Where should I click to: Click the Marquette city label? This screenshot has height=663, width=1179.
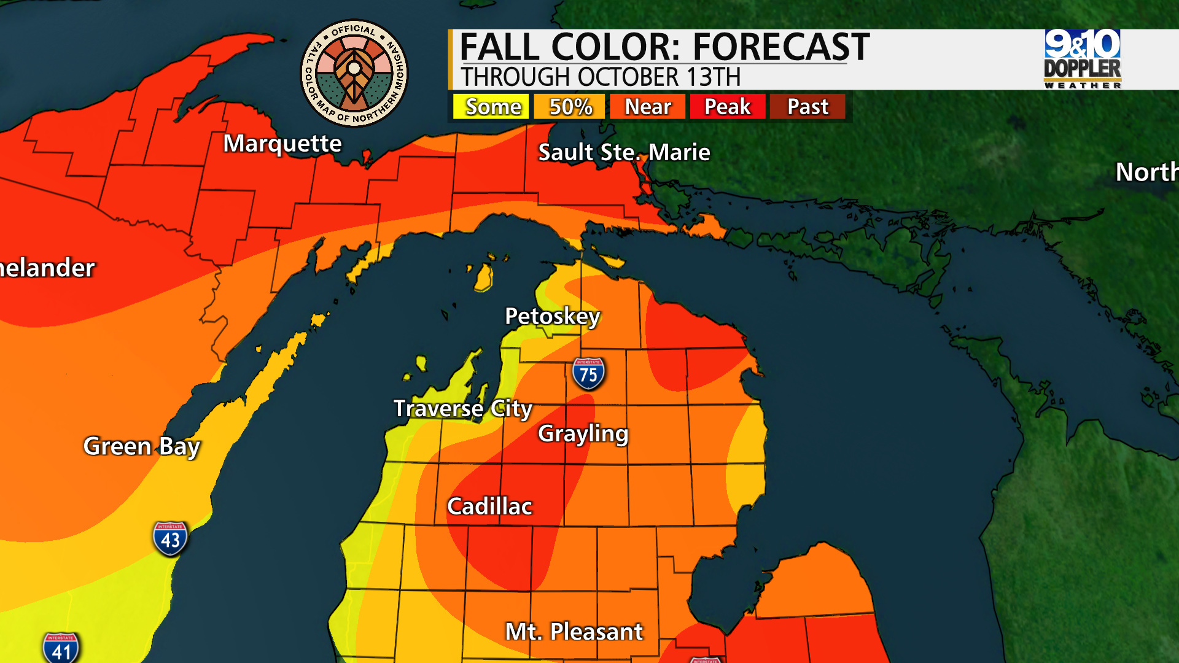tap(282, 144)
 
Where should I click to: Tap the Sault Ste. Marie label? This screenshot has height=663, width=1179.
tap(623, 152)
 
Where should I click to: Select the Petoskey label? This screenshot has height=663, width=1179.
tap(552, 317)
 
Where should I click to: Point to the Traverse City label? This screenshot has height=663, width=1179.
tap(462, 409)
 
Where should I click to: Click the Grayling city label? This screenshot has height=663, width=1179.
tap(583, 434)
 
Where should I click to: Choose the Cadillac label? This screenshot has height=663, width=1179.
tap(489, 507)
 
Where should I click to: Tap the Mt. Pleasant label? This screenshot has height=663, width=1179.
tap(574, 632)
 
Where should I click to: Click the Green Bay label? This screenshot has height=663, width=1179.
tap(141, 446)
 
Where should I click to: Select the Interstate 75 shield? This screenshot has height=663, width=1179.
tap(588, 373)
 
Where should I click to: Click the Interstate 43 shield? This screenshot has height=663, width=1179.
tap(170, 538)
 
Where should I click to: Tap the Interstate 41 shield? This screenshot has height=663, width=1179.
tap(61, 648)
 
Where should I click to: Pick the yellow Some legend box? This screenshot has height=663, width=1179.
tap(491, 107)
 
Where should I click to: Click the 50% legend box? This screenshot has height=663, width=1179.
tap(570, 107)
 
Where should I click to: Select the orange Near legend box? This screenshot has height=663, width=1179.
tap(647, 107)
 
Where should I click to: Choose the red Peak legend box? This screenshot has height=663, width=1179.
tap(727, 107)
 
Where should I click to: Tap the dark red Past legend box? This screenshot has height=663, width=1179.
tap(807, 107)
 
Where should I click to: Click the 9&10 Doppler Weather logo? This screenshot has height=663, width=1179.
tap(1082, 59)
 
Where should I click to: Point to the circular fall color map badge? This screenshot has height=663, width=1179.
tap(354, 73)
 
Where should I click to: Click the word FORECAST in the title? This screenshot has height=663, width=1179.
tap(781, 47)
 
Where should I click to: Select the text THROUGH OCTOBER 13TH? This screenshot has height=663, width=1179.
tap(601, 77)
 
